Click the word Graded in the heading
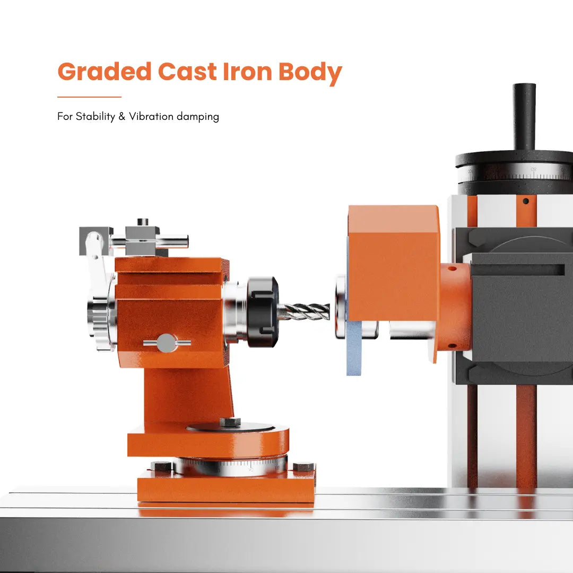pyautogui.click(x=105, y=71)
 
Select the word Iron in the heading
pyautogui.click(x=247, y=71)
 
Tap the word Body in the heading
pyautogui.click(x=310, y=73)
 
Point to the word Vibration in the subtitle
pyautogui.click(x=151, y=116)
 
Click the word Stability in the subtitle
pyautogui.click(x=95, y=117)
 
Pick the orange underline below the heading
pyautogui.click(x=89, y=97)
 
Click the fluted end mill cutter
pyautogui.click(x=304, y=312)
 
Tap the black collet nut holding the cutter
pyautogui.click(x=263, y=312)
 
